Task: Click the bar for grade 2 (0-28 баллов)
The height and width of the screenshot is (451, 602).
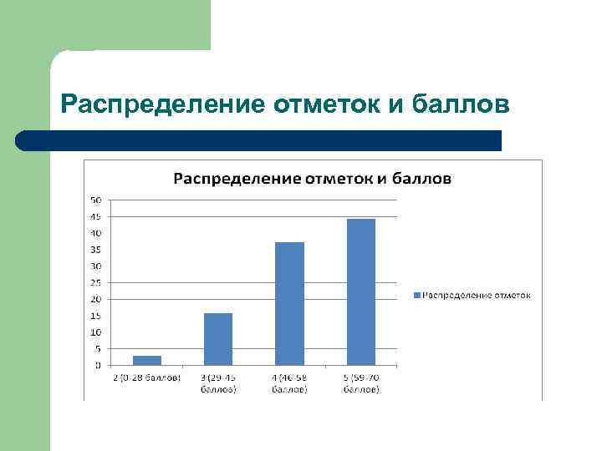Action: (147, 360)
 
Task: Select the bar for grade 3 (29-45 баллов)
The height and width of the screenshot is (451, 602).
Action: (218, 339)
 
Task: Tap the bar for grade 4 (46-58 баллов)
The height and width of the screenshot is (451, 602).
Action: (289, 303)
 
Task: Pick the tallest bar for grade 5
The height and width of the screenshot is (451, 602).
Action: (361, 291)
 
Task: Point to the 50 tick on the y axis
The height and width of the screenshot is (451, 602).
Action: (96, 200)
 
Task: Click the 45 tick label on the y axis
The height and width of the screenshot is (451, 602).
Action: (96, 217)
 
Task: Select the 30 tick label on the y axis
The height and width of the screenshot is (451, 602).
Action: (96, 266)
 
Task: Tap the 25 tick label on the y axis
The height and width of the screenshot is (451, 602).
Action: (96, 282)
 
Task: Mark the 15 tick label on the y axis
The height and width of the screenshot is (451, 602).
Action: (96, 316)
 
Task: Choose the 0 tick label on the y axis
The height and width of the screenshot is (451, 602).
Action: (98, 365)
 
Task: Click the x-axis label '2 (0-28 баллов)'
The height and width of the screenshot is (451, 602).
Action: (147, 378)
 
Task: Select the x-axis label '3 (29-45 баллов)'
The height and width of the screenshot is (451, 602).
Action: (218, 383)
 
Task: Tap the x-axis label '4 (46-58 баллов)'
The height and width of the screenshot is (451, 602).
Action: (289, 383)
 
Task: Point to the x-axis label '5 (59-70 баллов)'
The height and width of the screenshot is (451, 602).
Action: (361, 383)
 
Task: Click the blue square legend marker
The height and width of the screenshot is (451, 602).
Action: (416, 295)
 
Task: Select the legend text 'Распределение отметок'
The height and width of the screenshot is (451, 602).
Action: (477, 295)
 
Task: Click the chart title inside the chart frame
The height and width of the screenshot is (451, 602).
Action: (312, 178)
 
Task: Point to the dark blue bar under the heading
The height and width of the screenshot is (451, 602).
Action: (259, 140)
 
